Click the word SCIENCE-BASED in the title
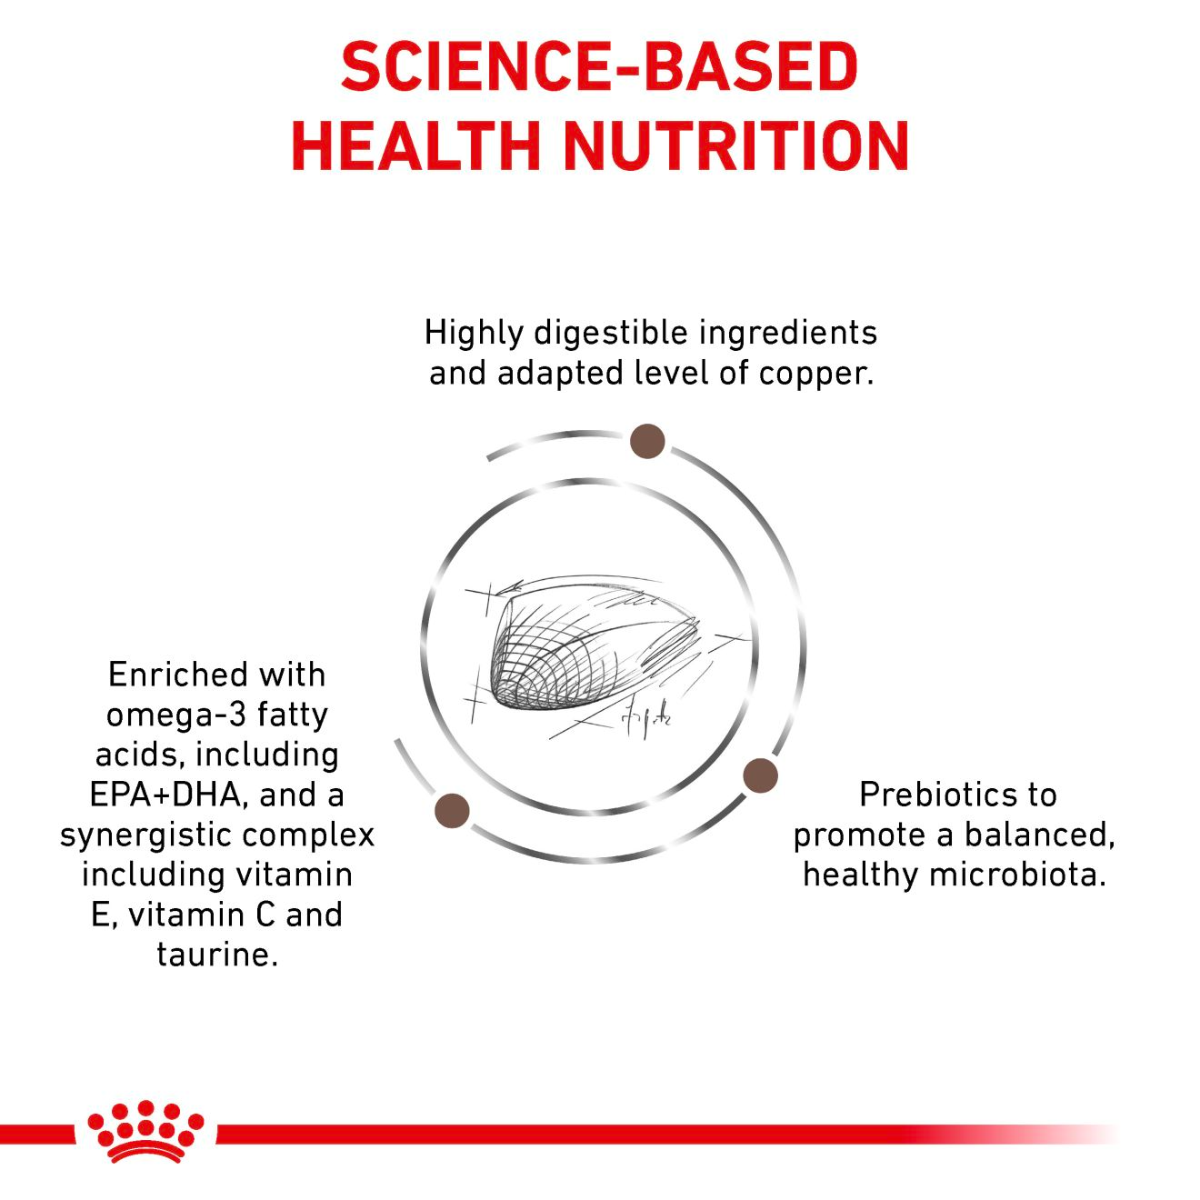[599, 67]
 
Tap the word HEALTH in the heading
[415, 145]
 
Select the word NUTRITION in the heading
[736, 145]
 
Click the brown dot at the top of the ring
[647, 441]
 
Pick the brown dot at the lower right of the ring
[760, 776]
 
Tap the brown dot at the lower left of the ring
[452, 810]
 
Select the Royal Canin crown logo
[145, 1132]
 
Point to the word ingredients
[788, 334]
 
